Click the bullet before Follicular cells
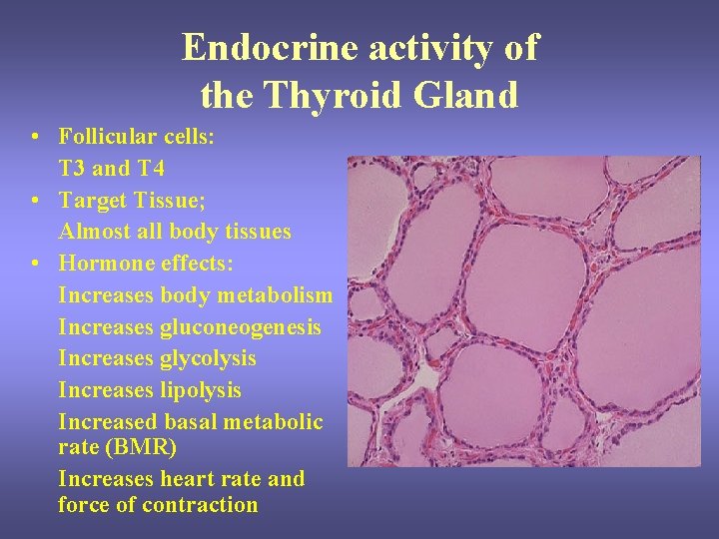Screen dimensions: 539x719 pyautogui.click(x=35, y=137)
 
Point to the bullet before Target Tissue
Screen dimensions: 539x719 pyautogui.click(x=35, y=201)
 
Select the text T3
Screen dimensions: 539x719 pyautogui.click(x=72, y=168)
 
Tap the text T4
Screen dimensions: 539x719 pyautogui.click(x=151, y=168)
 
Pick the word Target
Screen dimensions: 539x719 pyautogui.click(x=95, y=200)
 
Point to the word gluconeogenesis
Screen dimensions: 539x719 pyautogui.click(x=240, y=327)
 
